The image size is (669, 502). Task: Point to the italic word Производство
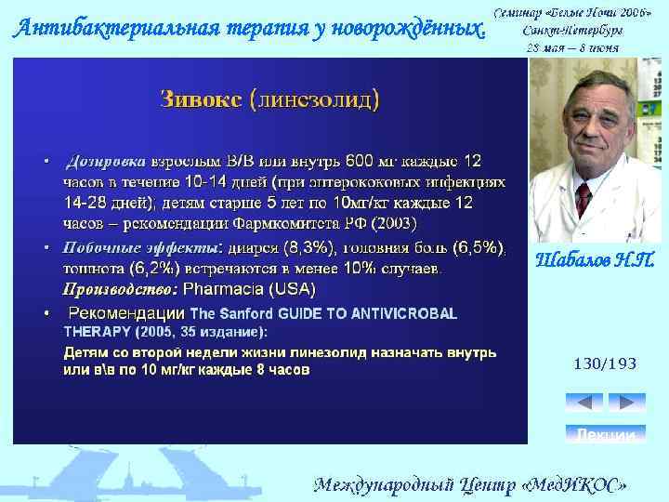(x=118, y=288)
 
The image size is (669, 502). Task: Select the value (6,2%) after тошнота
(x=151, y=269)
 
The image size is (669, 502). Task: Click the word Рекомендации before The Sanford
(x=127, y=313)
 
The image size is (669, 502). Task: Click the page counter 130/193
(x=605, y=364)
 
